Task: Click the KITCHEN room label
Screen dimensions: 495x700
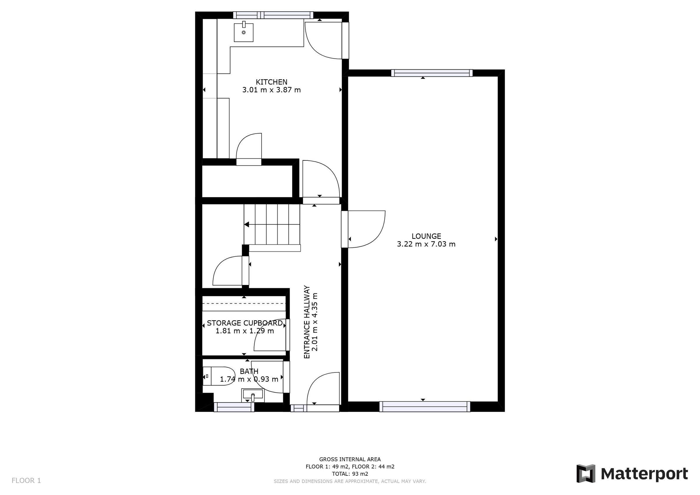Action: click(271, 82)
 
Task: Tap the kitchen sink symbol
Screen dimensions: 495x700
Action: click(243, 32)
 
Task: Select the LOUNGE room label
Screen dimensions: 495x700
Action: click(426, 236)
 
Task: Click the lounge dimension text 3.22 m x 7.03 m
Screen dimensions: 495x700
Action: click(426, 244)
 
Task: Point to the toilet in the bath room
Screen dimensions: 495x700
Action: click(218, 376)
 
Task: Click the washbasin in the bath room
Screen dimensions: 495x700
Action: click(253, 395)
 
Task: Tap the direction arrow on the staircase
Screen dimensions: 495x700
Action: click(247, 225)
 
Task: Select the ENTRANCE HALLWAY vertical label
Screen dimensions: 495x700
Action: click(307, 322)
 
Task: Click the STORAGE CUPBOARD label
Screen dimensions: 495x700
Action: click(244, 323)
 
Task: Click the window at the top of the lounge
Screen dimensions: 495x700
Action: click(432, 73)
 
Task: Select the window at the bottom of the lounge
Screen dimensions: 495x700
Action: click(425, 407)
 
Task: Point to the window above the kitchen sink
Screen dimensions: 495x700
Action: click(273, 15)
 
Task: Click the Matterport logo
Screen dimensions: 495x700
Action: click(632, 474)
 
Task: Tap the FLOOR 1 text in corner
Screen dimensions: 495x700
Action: click(26, 481)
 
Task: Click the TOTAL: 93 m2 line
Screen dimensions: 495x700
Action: click(350, 474)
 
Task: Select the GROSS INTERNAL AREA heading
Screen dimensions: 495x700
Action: click(350, 459)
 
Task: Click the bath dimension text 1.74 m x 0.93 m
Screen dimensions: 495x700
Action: click(249, 379)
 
